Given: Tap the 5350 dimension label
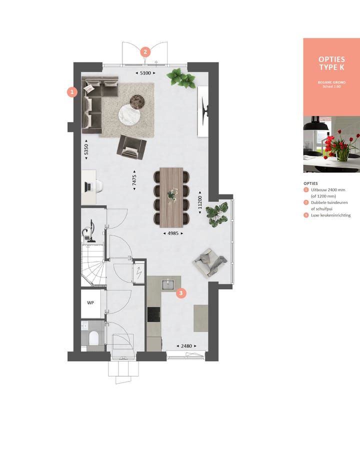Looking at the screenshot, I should point(86,149).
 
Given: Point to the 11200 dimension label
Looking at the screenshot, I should point(200,201).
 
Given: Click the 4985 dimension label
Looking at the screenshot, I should point(173,233).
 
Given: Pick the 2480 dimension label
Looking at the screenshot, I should point(185,345).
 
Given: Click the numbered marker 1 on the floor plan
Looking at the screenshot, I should point(72,92).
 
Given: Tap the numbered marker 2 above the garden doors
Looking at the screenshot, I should point(145,51).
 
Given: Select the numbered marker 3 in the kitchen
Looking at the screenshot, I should point(181,293).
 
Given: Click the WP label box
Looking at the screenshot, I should point(91,303).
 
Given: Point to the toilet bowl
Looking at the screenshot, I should point(92,338).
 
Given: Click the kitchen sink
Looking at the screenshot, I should point(167,284).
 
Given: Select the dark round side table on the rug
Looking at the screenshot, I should point(137,101).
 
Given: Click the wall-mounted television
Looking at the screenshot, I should point(204,110).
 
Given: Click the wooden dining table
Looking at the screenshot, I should point(171,196).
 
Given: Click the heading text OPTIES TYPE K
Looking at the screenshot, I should point(331,63).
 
